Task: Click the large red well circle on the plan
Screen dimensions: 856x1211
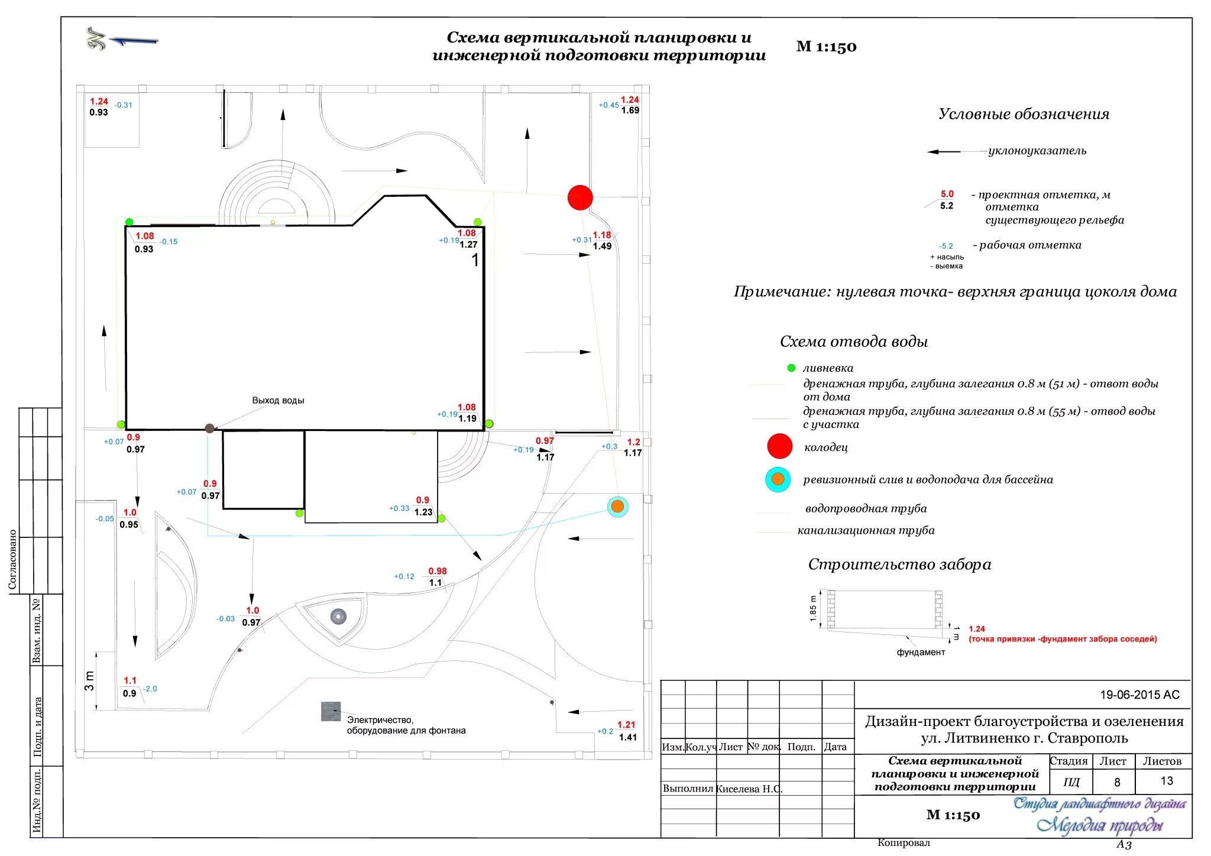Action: click(x=580, y=197)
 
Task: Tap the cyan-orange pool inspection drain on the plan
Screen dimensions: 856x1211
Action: click(x=617, y=507)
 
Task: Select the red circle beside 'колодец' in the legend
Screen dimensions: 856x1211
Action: click(x=779, y=446)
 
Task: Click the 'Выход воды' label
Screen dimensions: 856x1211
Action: click(x=278, y=400)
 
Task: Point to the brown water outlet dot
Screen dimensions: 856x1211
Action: click(x=209, y=428)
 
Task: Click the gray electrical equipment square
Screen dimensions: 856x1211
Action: click(x=331, y=711)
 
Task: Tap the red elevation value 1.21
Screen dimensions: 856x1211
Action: click(x=626, y=725)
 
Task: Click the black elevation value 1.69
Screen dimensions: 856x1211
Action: click(x=630, y=111)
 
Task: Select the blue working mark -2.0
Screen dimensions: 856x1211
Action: click(x=150, y=689)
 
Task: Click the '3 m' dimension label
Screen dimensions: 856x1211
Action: click(x=89, y=680)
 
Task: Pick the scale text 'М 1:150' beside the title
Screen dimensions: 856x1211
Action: click(x=826, y=47)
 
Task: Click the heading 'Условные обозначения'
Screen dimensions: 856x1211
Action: click(x=1024, y=114)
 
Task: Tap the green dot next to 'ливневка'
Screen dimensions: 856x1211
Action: click(x=791, y=368)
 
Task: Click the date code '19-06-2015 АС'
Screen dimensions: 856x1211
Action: click(x=1139, y=695)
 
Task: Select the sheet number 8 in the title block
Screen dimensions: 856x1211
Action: click(x=1117, y=782)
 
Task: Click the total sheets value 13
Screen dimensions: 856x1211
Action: click(x=1166, y=781)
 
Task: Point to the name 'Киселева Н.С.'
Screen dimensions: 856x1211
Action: click(x=749, y=789)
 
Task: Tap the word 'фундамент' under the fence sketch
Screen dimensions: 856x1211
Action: click(x=921, y=652)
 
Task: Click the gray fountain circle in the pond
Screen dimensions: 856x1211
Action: click(x=338, y=617)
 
